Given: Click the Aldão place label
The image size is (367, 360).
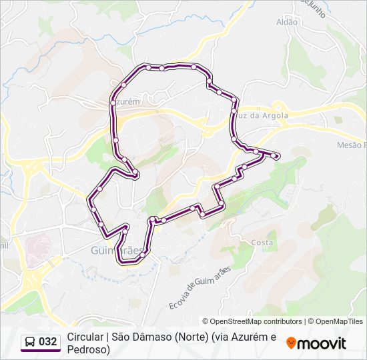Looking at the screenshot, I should [x=287, y=22].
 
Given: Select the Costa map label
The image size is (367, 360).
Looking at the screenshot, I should [x=262, y=243].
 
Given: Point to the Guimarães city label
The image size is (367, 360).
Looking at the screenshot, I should [x=116, y=251].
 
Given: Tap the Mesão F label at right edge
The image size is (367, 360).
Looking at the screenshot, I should [x=351, y=145].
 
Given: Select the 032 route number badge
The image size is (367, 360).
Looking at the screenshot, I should [x=47, y=341].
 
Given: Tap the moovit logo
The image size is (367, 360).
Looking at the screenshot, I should [x=316, y=343].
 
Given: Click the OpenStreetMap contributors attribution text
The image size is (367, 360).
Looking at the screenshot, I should [x=256, y=321].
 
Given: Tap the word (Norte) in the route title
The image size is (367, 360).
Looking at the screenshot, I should [x=194, y=337].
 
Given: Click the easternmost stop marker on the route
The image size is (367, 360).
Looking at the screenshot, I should [x=276, y=157].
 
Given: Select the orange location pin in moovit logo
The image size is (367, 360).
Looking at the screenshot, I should [x=291, y=343].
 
